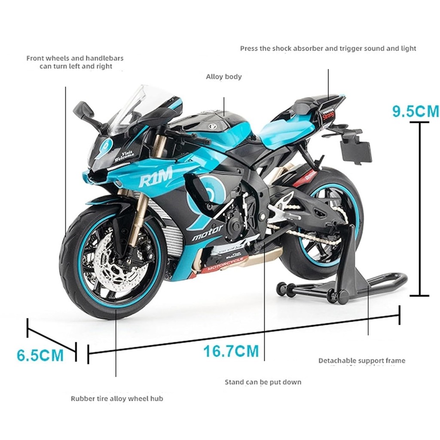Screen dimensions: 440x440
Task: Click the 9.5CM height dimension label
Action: (415, 111)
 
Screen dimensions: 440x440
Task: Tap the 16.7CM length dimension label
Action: (231, 351)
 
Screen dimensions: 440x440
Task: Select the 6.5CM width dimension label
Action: (40, 355)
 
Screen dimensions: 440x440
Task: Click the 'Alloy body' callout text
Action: (223, 77)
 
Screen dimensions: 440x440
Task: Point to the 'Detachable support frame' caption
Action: (361, 361)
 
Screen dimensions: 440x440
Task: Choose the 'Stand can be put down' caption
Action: (263, 382)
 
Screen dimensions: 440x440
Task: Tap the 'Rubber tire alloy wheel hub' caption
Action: (117, 398)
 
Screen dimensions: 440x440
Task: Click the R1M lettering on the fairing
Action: (156, 176)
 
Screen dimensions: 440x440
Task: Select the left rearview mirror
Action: (83, 111)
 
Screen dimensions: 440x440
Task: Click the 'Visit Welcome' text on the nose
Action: (125, 155)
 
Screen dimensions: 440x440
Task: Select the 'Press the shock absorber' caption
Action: (328, 49)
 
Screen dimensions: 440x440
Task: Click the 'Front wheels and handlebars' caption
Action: (75, 62)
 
